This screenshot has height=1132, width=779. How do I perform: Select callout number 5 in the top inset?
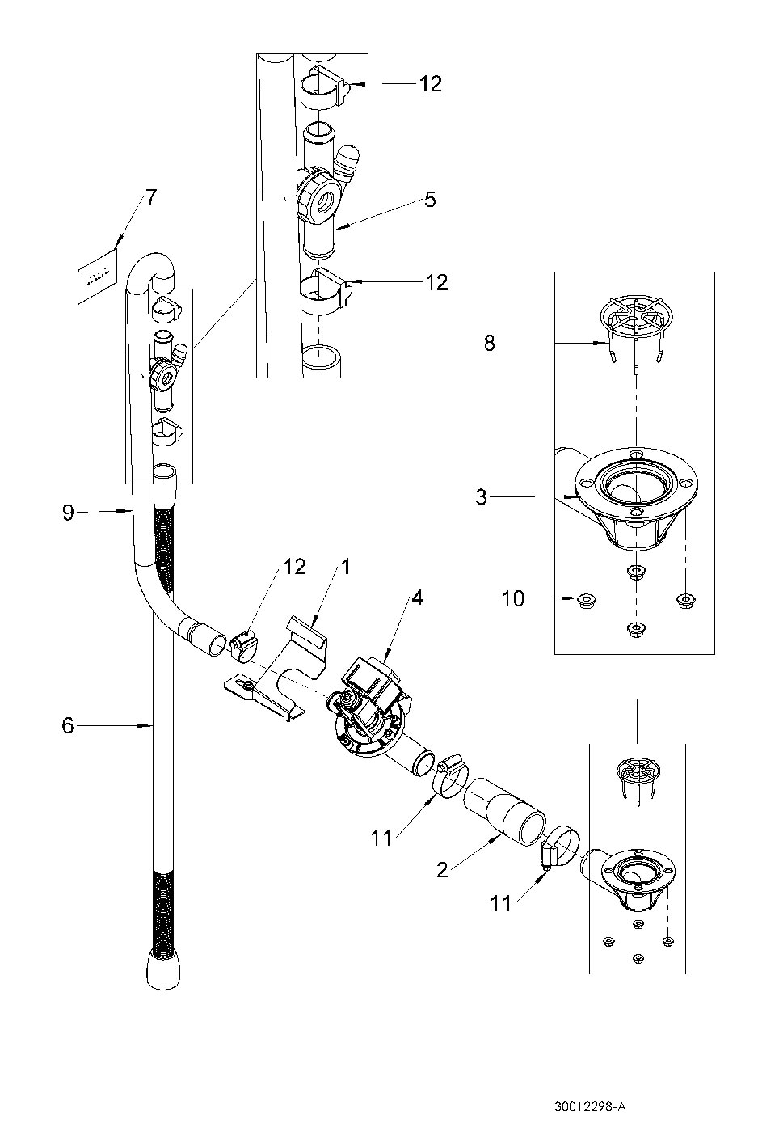pos(430,199)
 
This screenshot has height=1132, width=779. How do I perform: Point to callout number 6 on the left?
pos(68,725)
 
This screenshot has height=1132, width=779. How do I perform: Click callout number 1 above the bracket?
pos(345,567)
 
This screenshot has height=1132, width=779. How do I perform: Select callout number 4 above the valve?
pos(417,598)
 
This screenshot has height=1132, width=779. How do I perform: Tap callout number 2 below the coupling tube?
pos(441,870)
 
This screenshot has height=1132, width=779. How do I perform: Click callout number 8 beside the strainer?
pos(489,343)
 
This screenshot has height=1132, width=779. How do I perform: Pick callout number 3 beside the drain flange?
pos(482,496)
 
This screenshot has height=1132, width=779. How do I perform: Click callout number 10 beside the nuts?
pos(512,599)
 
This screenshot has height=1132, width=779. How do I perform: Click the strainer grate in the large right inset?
pos(637,319)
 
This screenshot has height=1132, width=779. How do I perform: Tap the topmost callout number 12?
pos(430,83)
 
